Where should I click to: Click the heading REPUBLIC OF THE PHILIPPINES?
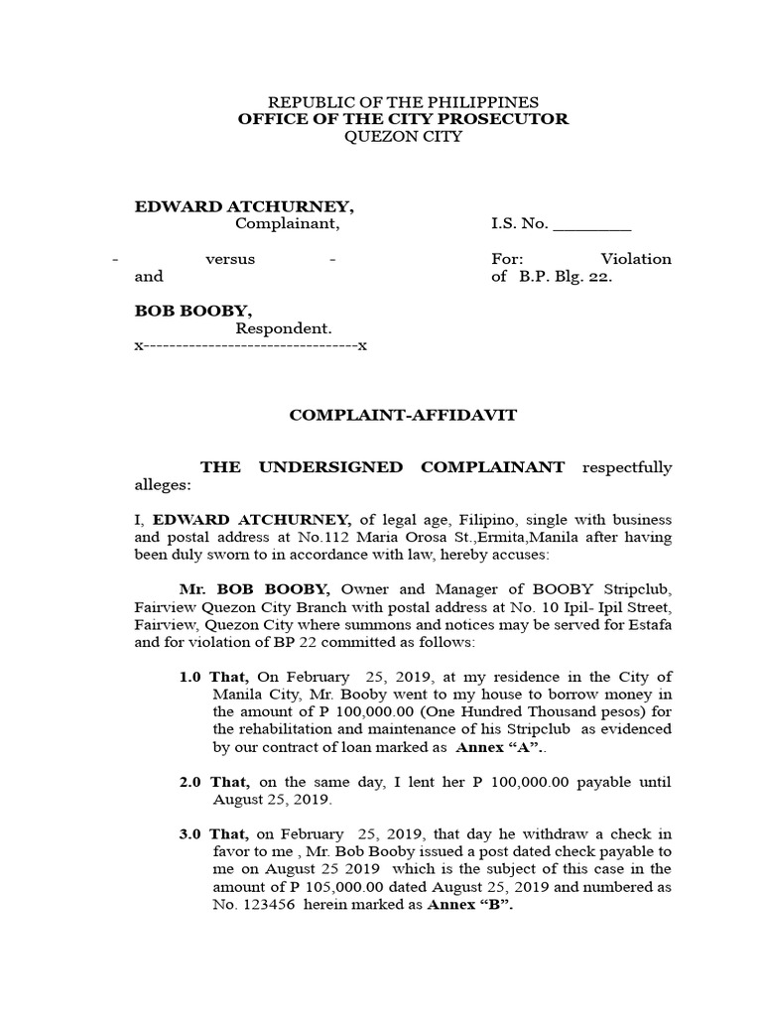[x=404, y=102]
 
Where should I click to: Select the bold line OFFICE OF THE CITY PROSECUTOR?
[x=403, y=119]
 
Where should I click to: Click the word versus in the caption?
[x=230, y=259]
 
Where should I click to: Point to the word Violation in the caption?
[x=637, y=259]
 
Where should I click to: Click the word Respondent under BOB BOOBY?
[x=283, y=327]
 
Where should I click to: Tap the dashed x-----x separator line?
[x=251, y=346]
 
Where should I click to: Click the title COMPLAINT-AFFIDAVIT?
[x=403, y=415]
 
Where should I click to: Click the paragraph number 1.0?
[x=190, y=677]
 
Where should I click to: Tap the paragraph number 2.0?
[x=190, y=783]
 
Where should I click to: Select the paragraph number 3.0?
[x=190, y=835]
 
